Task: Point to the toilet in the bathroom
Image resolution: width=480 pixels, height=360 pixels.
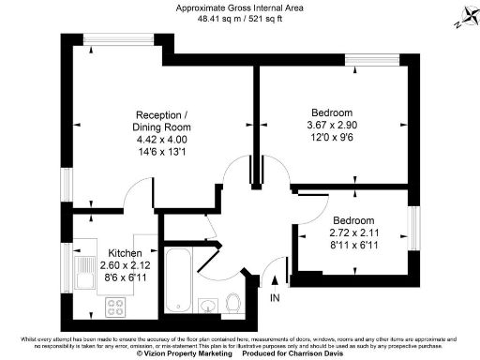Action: click(234, 301)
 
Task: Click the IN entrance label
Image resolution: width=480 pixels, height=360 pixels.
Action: click(275, 298)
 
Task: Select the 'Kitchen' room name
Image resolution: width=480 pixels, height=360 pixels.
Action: click(125, 254)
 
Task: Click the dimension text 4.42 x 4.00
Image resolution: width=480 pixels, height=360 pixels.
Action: click(163, 139)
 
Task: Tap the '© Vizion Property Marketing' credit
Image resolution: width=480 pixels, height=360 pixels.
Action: click(184, 354)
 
